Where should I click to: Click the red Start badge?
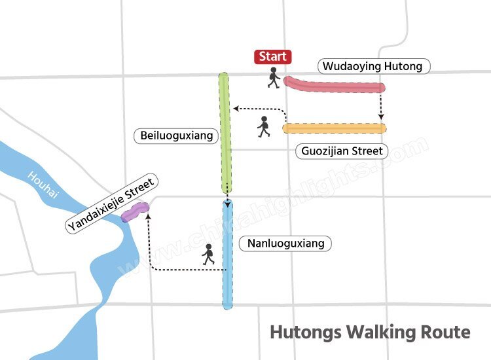click(273, 57)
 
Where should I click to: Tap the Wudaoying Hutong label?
click(375, 66)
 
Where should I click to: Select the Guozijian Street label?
click(342, 151)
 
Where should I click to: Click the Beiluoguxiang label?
click(177, 136)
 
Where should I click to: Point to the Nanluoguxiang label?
click(285, 243)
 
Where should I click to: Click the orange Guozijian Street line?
click(334, 128)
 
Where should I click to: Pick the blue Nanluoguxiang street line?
click(227, 255)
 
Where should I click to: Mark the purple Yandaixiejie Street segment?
click(135, 211)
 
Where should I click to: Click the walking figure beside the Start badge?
click(274, 79)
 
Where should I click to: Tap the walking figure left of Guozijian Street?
click(264, 126)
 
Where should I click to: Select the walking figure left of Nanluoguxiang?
click(209, 255)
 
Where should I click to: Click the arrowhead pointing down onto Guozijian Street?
click(381, 118)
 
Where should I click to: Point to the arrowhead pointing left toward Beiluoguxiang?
click(236, 109)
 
